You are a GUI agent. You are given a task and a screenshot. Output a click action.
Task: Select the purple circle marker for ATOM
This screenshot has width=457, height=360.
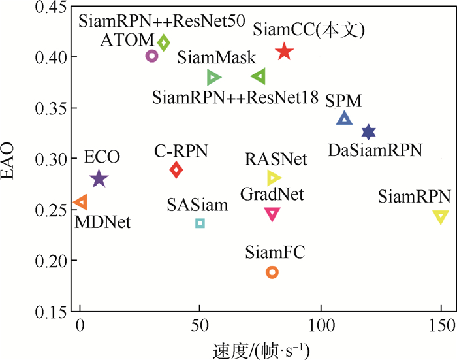(x=151, y=56)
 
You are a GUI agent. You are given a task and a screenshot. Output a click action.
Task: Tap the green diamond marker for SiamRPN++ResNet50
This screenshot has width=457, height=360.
(x=164, y=42)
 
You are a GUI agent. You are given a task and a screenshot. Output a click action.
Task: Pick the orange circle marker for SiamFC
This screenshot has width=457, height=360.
(x=272, y=272)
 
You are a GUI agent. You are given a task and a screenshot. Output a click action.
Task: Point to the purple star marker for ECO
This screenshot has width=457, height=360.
(x=99, y=178)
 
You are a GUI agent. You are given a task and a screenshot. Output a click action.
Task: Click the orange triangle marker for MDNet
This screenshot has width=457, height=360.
(x=80, y=203)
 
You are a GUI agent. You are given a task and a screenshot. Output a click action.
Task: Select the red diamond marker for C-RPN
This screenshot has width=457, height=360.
(x=176, y=170)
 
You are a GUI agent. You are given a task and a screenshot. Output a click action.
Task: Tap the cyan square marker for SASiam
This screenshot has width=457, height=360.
(x=200, y=223)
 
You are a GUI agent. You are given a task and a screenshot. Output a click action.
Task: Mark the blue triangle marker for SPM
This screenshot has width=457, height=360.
(x=344, y=118)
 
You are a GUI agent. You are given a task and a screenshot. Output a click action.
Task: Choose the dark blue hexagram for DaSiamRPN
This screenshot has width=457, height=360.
(x=368, y=132)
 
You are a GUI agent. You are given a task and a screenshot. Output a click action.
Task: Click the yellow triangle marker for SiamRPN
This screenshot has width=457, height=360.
(x=441, y=217)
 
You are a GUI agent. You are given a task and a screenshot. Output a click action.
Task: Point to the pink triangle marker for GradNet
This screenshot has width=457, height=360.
(x=272, y=213)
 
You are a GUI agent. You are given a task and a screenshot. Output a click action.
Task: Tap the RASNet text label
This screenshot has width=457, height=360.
(x=273, y=159)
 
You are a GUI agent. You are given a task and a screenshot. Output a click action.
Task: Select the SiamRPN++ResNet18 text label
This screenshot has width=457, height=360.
(x=235, y=98)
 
